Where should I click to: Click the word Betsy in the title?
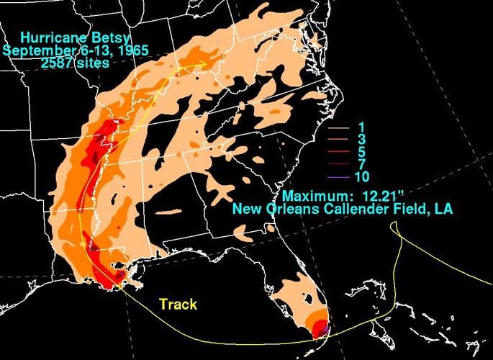(x=102, y=37)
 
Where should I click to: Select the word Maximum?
(x=314, y=196)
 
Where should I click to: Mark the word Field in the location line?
(x=407, y=210)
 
